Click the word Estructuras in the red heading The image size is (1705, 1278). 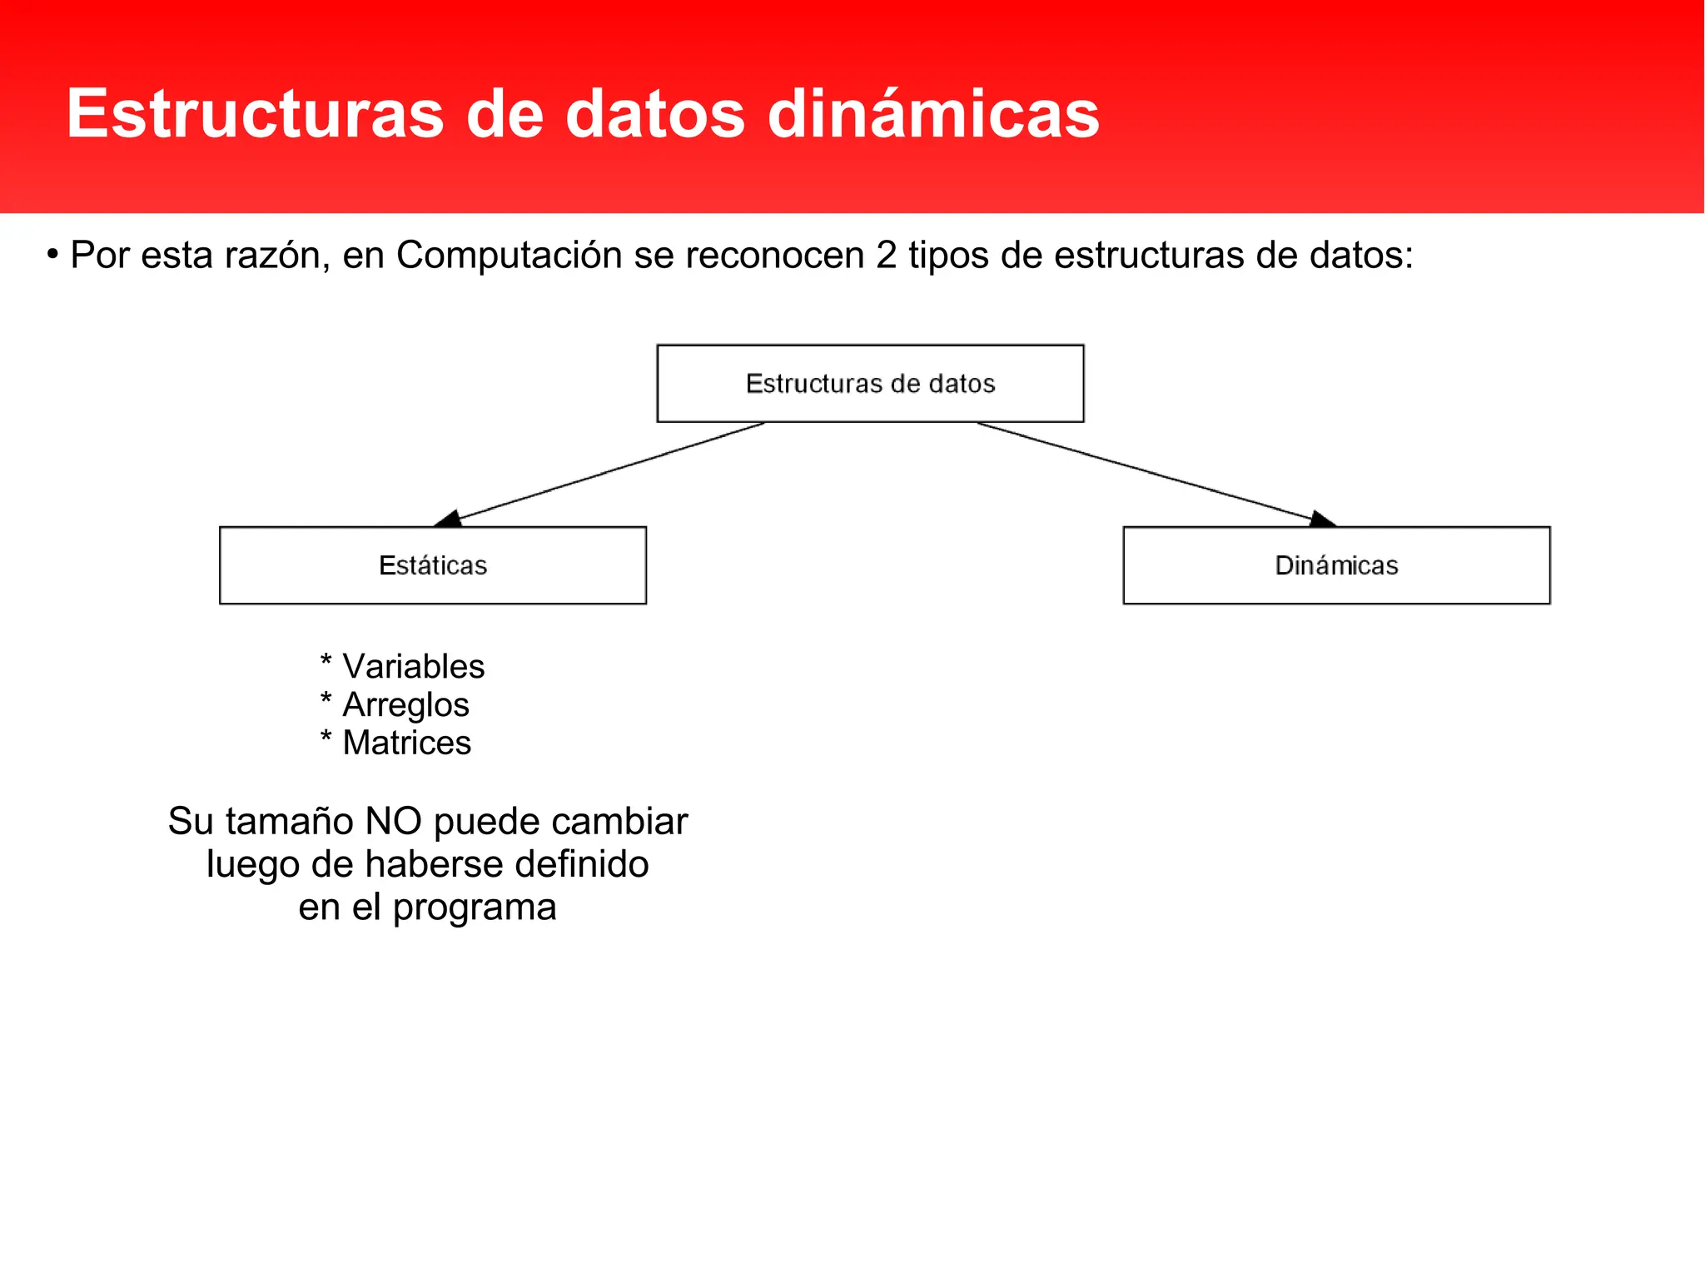pyautogui.click(x=255, y=114)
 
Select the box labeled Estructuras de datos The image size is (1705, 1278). pyautogui.click(x=870, y=384)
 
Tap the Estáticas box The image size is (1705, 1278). pyautogui.click(x=432, y=565)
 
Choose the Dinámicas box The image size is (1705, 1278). pyautogui.click(x=1336, y=565)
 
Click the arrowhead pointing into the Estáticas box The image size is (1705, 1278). pyautogui.click(x=448, y=519)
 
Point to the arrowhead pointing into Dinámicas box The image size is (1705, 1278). pyautogui.click(x=1322, y=520)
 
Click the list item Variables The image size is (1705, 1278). pyautogui.click(x=413, y=667)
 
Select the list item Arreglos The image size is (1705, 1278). pyautogui.click(x=405, y=705)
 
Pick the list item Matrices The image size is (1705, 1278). pyautogui.click(x=406, y=743)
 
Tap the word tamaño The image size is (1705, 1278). pyautogui.click(x=290, y=822)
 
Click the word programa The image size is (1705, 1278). pyautogui.click(x=474, y=908)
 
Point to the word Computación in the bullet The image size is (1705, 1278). pyautogui.click(x=509, y=255)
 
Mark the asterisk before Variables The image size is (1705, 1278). pyautogui.click(x=326, y=663)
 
